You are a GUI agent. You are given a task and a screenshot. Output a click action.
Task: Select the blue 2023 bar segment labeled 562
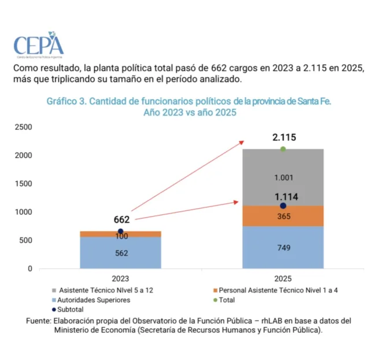(120, 253)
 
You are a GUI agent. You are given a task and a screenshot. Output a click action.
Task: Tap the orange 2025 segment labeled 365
(283, 216)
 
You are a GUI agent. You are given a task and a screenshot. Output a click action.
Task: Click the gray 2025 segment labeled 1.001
(283, 177)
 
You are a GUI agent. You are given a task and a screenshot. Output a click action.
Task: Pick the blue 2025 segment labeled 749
(283, 248)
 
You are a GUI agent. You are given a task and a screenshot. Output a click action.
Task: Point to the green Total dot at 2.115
(283, 149)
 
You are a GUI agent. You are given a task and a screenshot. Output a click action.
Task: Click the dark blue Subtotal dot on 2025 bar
(283, 206)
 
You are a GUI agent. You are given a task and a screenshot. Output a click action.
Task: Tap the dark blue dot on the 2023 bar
(120, 231)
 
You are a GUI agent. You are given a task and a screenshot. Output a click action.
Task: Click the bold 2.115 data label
(283, 138)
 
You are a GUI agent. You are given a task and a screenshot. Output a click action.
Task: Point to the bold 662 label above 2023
(121, 220)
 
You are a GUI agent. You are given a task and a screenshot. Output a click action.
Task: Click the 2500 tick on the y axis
(24, 127)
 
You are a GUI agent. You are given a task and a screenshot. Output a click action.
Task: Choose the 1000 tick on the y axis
(24, 212)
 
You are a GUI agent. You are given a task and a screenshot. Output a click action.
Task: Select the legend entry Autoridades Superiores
(95, 300)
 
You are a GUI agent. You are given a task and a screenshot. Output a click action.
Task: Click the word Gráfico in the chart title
(62, 101)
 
